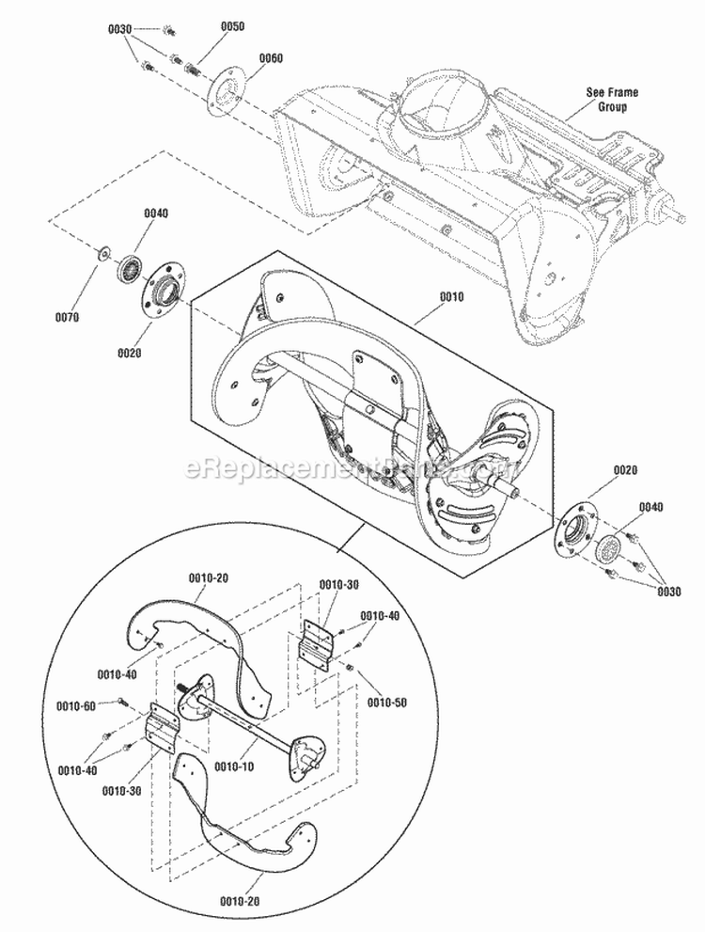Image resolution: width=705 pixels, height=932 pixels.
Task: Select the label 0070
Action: pyautogui.click(x=67, y=317)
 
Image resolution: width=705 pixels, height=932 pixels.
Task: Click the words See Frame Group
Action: pyautogui.click(x=611, y=100)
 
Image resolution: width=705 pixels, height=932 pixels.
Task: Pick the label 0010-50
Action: pyautogui.click(x=386, y=703)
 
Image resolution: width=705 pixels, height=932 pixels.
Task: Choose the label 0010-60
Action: pyautogui.click(x=75, y=705)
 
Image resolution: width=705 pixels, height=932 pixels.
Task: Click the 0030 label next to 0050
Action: pyautogui.click(x=120, y=29)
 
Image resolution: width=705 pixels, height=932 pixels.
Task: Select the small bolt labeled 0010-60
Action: pyautogui.click(x=122, y=701)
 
